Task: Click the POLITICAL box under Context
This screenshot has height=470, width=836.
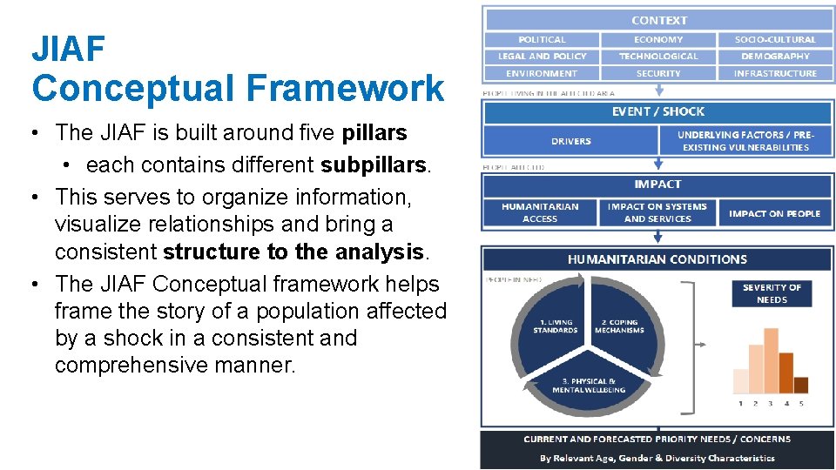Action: coord(542,39)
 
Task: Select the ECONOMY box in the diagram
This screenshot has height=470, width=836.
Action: coord(658,39)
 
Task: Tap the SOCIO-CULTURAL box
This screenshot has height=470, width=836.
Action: coord(775,39)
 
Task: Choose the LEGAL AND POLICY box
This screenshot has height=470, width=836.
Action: coord(542,57)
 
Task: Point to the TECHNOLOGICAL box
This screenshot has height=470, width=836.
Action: coord(658,57)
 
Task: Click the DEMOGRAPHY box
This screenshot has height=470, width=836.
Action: coord(775,57)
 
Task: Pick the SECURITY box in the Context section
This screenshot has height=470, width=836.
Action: coord(658,73)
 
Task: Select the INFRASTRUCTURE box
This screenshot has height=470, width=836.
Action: coord(775,73)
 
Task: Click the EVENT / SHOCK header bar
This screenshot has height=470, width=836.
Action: coord(657,111)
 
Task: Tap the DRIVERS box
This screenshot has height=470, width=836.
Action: coord(570,141)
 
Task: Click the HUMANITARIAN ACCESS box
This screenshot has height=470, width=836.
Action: coord(540,213)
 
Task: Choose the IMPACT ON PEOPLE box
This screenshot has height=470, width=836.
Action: coord(774,213)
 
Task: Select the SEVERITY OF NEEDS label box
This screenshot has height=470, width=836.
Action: coord(772,293)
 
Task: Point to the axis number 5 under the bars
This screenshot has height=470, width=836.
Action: coord(800,404)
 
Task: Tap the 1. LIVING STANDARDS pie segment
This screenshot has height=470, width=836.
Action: coord(555,326)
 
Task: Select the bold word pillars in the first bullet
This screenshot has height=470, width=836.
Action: coord(374,133)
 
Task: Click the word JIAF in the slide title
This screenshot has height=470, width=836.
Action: coord(69,50)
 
